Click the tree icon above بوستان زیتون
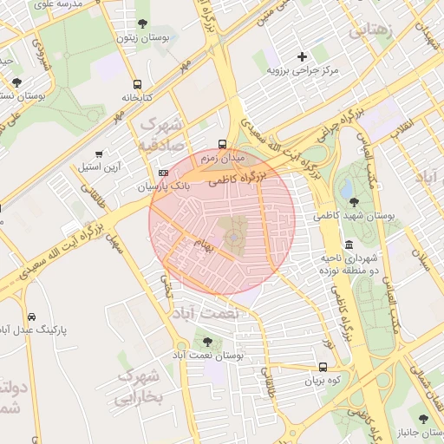[142, 23]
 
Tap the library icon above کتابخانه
[137, 84]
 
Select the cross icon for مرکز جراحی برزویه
[302, 56]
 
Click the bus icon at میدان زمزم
[223, 145]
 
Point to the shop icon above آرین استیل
[110, 153]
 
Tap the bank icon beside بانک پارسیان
[163, 173]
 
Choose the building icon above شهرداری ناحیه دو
[348, 245]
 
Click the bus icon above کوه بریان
[323, 367]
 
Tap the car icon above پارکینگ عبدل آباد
[31, 317]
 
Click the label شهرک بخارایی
[139, 388]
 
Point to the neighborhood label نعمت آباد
[204, 312]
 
